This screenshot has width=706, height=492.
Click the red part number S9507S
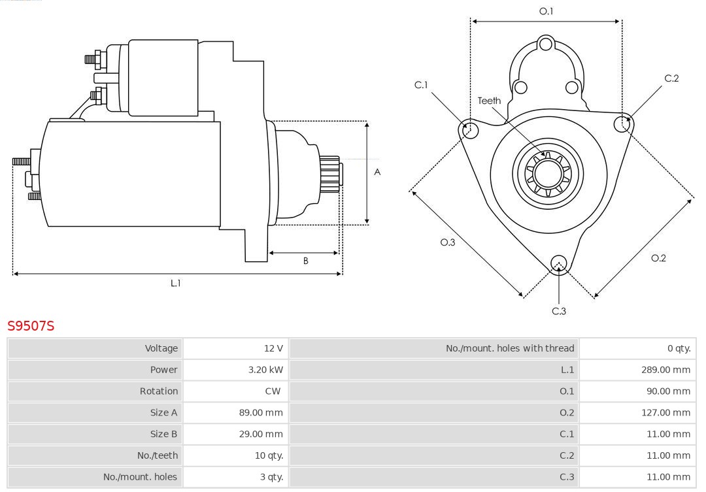[31, 325]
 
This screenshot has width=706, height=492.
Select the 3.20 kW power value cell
[265, 370]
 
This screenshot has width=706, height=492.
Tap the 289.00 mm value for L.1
[665, 370]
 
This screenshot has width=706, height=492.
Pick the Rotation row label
[158, 391]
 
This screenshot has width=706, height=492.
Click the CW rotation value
[273, 391]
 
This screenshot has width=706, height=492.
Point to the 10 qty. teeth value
[269, 455]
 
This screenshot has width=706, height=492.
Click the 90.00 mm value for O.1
[668, 391]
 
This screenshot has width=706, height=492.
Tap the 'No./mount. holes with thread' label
[510, 348]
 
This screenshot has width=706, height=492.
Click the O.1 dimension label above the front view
[546, 11]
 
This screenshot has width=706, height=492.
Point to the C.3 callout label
[559, 311]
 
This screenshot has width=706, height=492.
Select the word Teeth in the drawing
[489, 101]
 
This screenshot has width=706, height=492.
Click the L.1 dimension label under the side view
[175, 283]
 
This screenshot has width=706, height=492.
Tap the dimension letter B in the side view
[305, 261]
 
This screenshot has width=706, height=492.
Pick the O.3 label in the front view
[447, 242]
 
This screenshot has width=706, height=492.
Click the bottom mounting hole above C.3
[558, 263]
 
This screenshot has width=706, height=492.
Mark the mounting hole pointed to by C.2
[621, 123]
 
